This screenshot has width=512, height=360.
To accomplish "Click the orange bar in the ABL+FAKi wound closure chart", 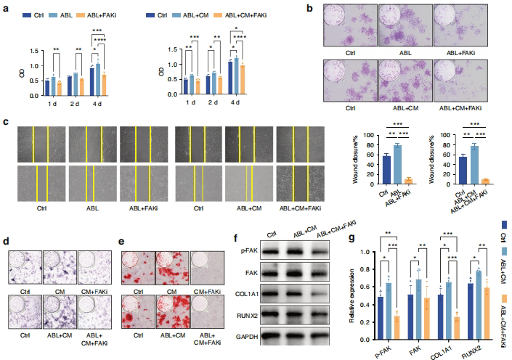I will (410, 180).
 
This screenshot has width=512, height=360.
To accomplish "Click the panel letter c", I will (6, 122).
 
